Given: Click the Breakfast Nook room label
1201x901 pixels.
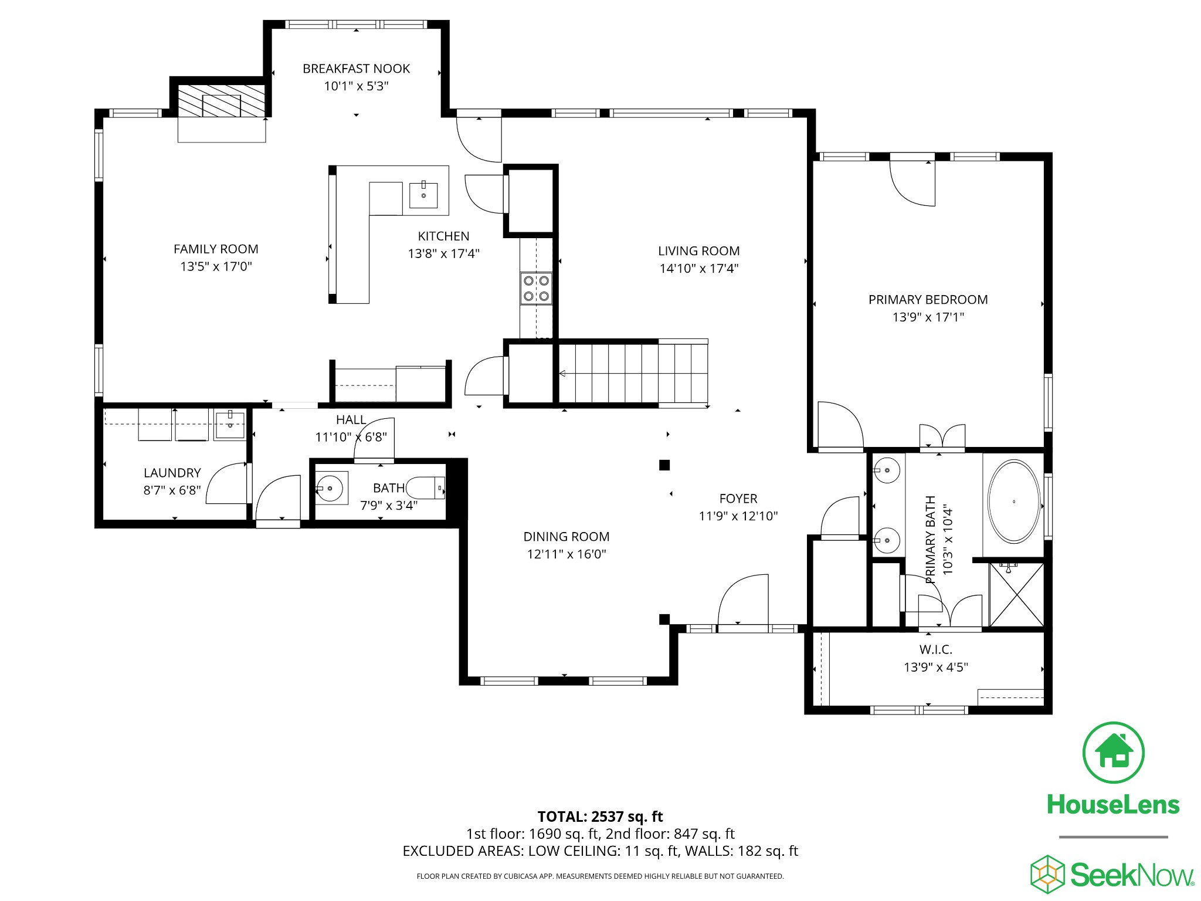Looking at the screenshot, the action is click(x=356, y=69).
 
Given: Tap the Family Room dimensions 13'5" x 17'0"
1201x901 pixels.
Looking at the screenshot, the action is click(x=216, y=267).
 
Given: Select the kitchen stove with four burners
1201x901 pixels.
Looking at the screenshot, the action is click(x=537, y=289).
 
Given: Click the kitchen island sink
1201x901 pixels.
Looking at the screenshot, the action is click(x=423, y=195).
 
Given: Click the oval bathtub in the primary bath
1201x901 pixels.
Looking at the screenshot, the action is click(x=1014, y=502).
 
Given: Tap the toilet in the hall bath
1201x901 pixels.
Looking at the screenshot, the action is click(x=426, y=487).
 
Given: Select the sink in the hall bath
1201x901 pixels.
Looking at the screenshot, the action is click(x=332, y=487).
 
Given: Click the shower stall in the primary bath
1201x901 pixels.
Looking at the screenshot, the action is click(x=1017, y=595).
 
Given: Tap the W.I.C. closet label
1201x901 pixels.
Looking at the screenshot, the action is click(x=935, y=649).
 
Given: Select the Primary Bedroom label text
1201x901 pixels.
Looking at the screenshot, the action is click(x=928, y=300).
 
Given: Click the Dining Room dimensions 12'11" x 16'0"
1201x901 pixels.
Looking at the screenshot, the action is click(x=566, y=554).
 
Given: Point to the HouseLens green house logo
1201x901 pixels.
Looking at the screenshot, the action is click(x=1113, y=753).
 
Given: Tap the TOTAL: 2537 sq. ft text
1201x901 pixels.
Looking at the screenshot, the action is click(x=600, y=817).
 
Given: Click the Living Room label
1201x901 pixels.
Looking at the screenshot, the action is click(x=698, y=251).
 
